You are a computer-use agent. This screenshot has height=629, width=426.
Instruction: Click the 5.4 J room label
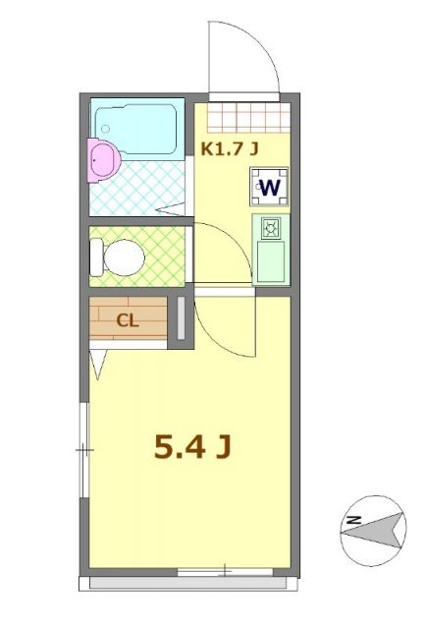(192, 447)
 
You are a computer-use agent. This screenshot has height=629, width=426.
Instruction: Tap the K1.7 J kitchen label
(230, 149)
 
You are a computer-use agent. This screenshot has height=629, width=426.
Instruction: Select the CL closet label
(128, 319)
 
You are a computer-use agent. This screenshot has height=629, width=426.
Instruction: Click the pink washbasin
(101, 156)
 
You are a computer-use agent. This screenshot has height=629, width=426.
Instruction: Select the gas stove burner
(271, 230)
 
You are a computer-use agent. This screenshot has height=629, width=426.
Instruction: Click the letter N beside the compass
(354, 520)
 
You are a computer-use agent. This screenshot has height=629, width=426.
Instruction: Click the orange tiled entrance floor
(250, 117)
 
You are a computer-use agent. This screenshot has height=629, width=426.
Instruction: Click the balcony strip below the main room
(191, 583)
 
